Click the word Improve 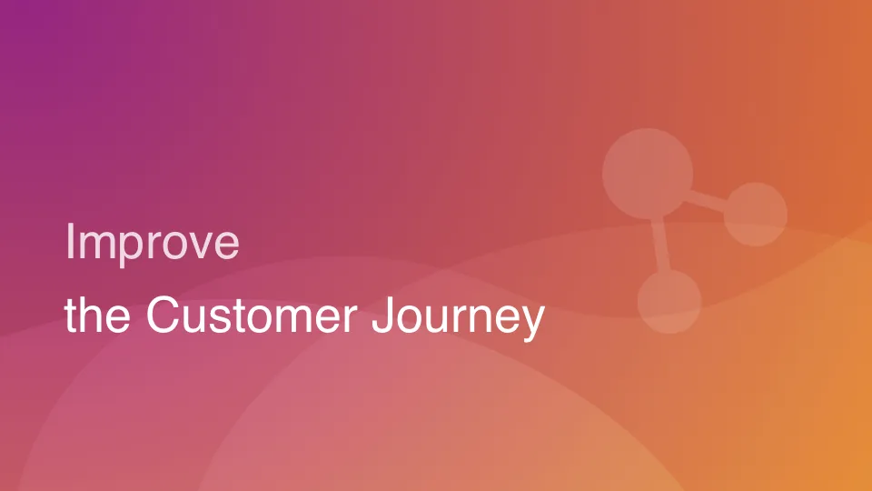point(152,243)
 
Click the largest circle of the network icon point(648,173)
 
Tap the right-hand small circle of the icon point(755,215)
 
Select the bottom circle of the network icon point(669,301)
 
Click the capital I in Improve point(70,242)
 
